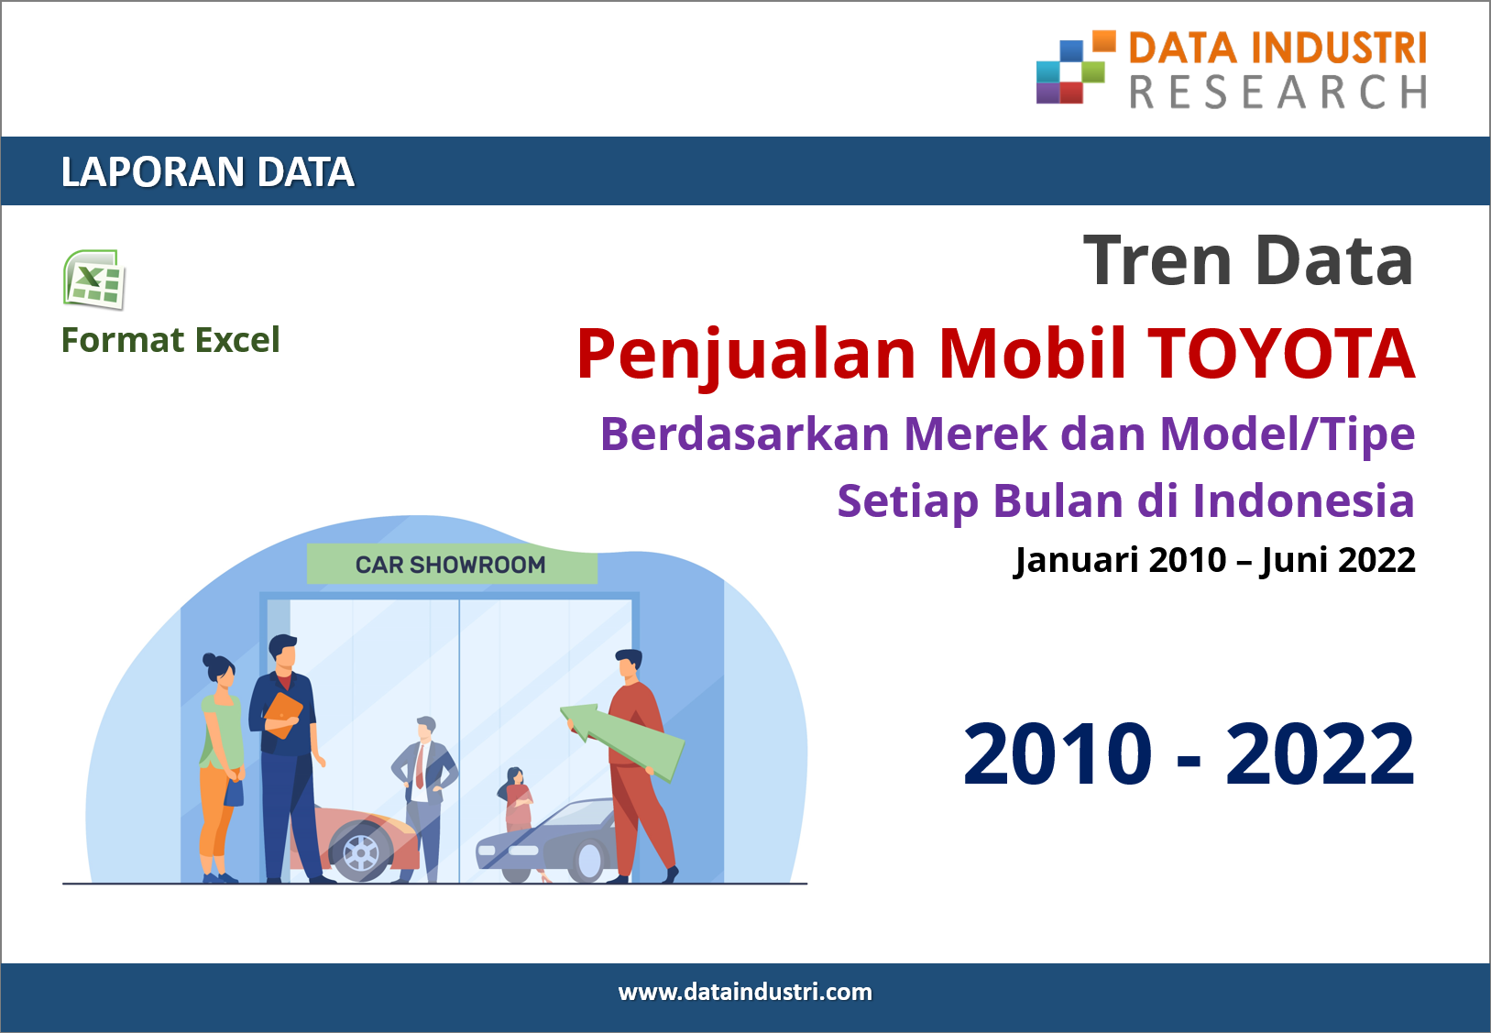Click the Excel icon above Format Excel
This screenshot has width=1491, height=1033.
[93, 280]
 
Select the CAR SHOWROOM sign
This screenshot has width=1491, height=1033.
[451, 565]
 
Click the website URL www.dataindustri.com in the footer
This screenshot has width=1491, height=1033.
[745, 993]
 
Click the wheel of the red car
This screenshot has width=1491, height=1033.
[361, 852]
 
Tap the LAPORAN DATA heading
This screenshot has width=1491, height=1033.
[207, 171]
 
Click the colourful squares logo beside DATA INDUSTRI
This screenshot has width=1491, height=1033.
[1076, 67]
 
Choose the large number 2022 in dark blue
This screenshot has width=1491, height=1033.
[1320, 754]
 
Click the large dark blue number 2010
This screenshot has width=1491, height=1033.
[1058, 754]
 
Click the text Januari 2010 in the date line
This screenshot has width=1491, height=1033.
[1120, 560]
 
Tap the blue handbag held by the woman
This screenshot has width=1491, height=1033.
[233, 793]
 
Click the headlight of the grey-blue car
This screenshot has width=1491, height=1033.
[523, 851]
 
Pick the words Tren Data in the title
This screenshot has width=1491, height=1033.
[1249, 261]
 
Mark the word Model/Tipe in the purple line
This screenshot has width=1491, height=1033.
[1288, 434]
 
